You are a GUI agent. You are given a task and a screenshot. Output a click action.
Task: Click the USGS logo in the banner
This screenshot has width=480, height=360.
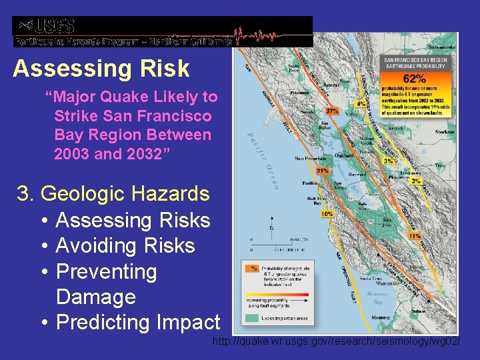pos(47,26)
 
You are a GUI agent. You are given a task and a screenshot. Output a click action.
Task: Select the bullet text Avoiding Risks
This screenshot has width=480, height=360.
pos(125,246)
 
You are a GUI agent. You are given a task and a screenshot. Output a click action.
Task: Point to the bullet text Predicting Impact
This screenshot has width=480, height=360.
pos(138,323)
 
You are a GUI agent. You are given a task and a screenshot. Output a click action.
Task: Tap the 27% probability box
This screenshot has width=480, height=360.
pos(331,111)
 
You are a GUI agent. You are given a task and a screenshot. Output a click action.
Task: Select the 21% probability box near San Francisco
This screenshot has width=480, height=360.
pos(323,171)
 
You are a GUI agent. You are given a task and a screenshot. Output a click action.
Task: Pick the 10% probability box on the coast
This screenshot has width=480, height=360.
pos(327,215)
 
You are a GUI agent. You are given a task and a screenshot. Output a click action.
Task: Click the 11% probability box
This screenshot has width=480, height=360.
pos(414,235)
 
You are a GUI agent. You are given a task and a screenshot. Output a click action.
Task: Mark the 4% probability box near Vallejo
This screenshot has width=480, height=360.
pos(361,104)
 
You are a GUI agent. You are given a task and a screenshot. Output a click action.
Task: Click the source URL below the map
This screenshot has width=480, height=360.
pos(335,342)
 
